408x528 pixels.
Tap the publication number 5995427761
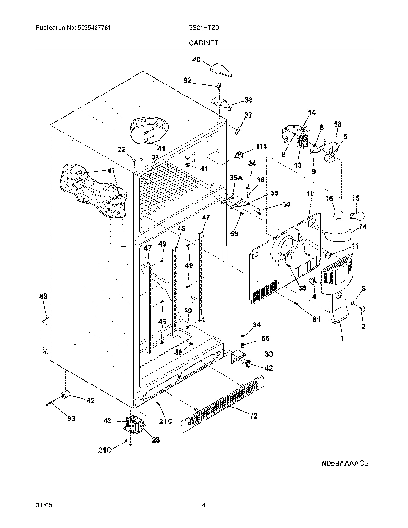pyautogui.click(x=94, y=28)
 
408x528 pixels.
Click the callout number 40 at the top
pyautogui.click(x=196, y=60)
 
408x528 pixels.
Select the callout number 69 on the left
pyautogui.click(x=43, y=297)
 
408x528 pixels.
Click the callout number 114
pyautogui.click(x=261, y=146)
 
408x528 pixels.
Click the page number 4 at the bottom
pyautogui.click(x=204, y=505)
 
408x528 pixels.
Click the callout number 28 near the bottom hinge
pyautogui.click(x=156, y=439)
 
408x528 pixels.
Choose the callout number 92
pyautogui.click(x=187, y=80)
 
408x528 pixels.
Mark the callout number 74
pyautogui.click(x=362, y=228)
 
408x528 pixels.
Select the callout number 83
pyautogui.click(x=71, y=419)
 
